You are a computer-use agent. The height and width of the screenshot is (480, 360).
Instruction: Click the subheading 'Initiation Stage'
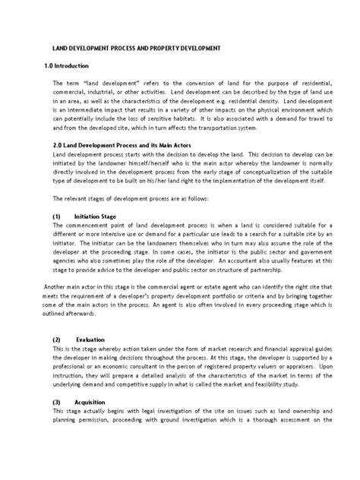click(x=99, y=216)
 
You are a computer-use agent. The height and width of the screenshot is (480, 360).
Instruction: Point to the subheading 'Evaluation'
click(x=92, y=339)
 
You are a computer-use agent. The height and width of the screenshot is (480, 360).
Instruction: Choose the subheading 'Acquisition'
click(x=93, y=400)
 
